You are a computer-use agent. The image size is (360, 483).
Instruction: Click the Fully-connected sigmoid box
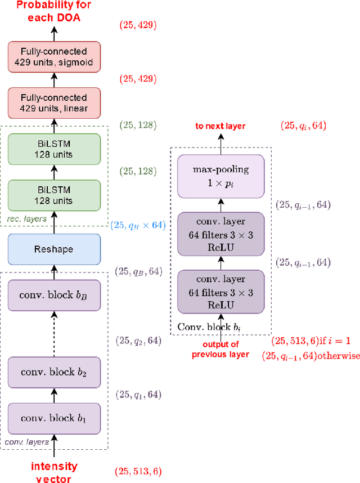(55, 57)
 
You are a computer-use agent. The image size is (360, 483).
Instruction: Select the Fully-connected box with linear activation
(55, 102)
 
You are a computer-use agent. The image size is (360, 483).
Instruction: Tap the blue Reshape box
(55, 249)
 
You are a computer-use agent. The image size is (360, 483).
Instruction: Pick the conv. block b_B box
(55, 295)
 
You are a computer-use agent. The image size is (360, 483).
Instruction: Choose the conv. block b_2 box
(55, 372)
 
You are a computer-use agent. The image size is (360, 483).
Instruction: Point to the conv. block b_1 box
(55, 418)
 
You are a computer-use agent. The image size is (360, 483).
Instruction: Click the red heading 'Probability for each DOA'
(53, 11)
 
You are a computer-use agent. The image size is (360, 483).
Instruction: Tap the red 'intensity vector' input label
(54, 471)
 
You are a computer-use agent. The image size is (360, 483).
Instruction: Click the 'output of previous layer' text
(220, 350)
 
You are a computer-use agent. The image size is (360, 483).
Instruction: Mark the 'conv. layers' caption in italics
(28, 442)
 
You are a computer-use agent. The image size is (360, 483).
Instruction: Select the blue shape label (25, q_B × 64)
(138, 225)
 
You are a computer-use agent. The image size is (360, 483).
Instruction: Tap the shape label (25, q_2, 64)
(138, 341)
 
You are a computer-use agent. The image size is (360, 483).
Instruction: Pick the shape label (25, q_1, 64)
(138, 395)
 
